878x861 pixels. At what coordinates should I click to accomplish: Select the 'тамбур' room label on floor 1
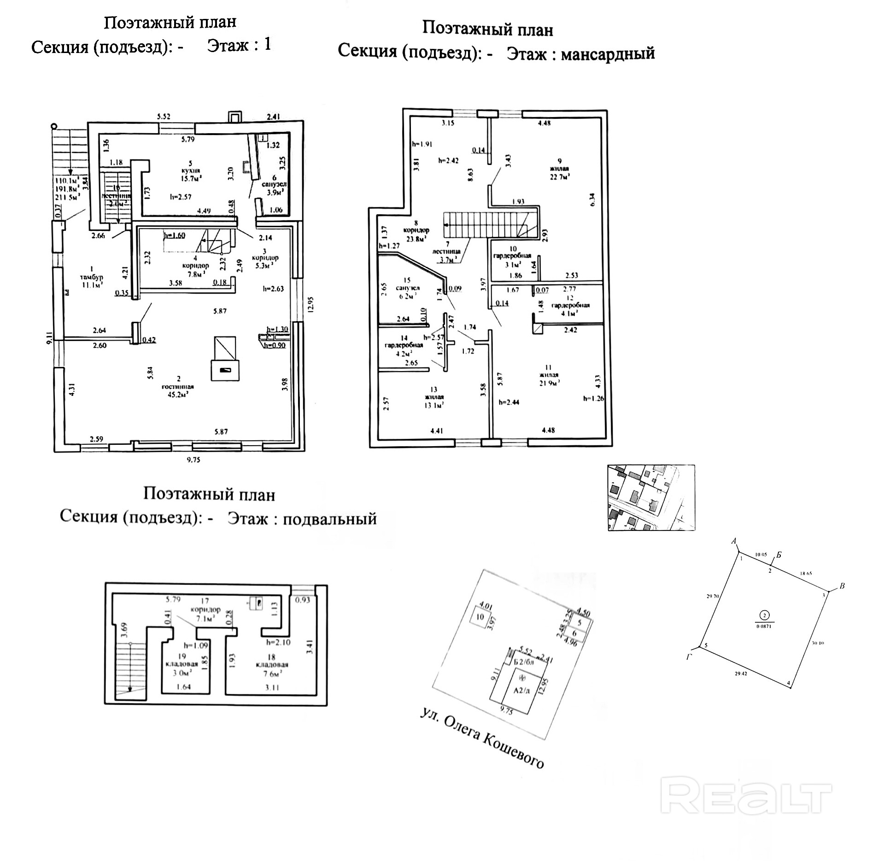(x=91, y=277)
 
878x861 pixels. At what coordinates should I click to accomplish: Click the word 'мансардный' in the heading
(x=608, y=53)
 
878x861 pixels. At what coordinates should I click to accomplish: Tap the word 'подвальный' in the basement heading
(x=329, y=519)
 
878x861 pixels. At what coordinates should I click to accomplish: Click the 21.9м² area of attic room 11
(x=548, y=382)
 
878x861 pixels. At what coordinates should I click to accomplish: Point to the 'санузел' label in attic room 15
(x=408, y=288)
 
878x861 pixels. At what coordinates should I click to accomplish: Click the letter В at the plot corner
(x=842, y=586)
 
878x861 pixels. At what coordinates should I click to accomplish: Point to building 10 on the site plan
(x=480, y=617)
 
